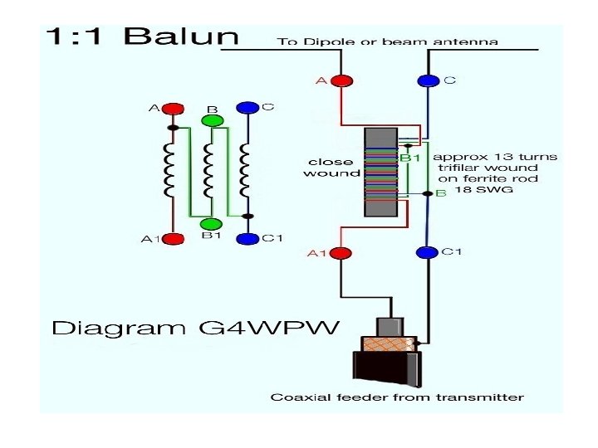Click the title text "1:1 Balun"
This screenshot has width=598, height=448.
pos(141,37)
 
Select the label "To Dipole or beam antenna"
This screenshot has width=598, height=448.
pos(387,41)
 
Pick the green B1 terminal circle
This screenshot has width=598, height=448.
pos(211,224)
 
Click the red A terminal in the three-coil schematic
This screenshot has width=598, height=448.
pos(173,109)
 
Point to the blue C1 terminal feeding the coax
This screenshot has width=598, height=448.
pos(427,252)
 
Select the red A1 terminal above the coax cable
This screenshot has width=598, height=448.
pos(341,252)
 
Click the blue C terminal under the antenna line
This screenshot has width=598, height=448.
pos(428,80)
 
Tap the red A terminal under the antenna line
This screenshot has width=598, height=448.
pos(341,80)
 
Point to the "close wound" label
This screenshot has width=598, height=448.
pos(331,168)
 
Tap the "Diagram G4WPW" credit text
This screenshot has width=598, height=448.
pos(195,329)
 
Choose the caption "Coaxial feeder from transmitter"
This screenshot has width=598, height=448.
pos(397,397)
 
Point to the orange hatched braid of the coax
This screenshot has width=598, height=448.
pos(386,342)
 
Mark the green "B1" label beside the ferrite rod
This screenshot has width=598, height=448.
pos(411,157)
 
